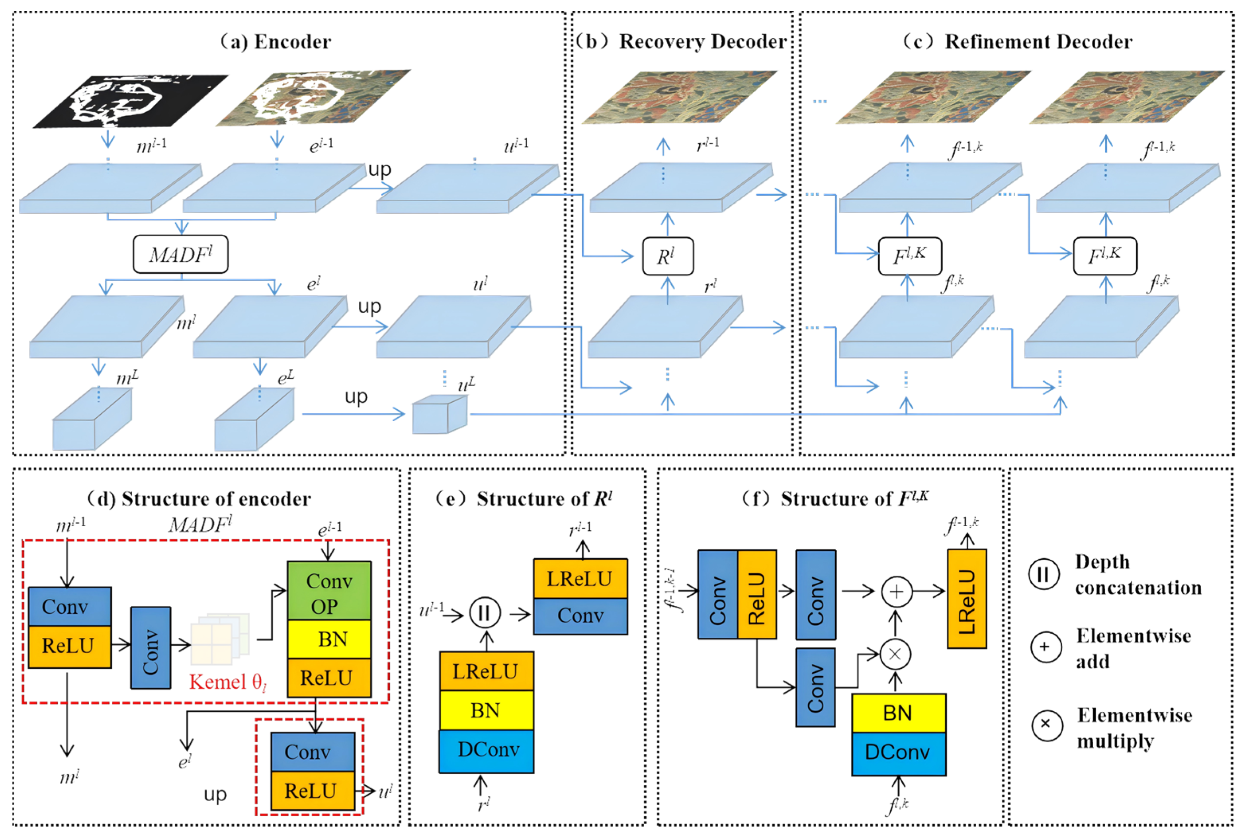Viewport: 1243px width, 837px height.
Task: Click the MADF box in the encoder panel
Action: click(x=180, y=255)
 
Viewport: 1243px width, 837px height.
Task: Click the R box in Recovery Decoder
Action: click(x=667, y=257)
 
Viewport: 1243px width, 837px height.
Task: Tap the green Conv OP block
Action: click(x=329, y=591)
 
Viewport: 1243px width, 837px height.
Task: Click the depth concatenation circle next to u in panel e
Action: click(x=485, y=613)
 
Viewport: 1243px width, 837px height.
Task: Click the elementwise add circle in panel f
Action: click(x=896, y=592)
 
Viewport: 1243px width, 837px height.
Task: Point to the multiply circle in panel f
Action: click(x=895, y=654)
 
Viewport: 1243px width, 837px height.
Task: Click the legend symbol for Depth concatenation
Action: click(x=1043, y=574)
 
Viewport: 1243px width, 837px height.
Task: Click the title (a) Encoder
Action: click(x=276, y=42)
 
